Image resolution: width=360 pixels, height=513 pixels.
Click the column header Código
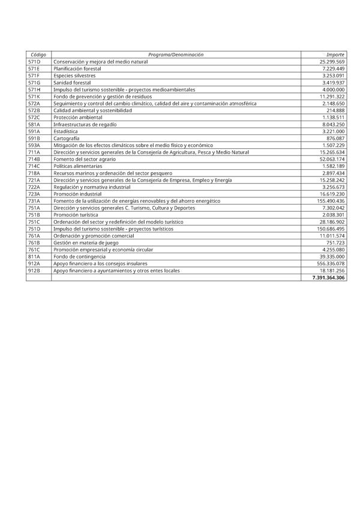38,55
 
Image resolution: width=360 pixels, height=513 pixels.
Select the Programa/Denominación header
176,55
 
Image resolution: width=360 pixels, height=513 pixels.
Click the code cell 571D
34,62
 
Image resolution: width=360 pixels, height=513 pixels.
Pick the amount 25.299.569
332,62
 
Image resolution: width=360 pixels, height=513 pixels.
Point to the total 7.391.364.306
328,278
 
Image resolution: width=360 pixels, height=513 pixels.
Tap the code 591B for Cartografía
34,138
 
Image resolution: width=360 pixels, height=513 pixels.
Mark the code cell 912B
34,271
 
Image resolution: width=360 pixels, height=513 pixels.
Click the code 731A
34,201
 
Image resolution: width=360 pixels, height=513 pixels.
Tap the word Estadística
65,131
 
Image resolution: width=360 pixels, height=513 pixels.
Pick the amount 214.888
335,110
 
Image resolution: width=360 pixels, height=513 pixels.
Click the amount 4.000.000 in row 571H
334,89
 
